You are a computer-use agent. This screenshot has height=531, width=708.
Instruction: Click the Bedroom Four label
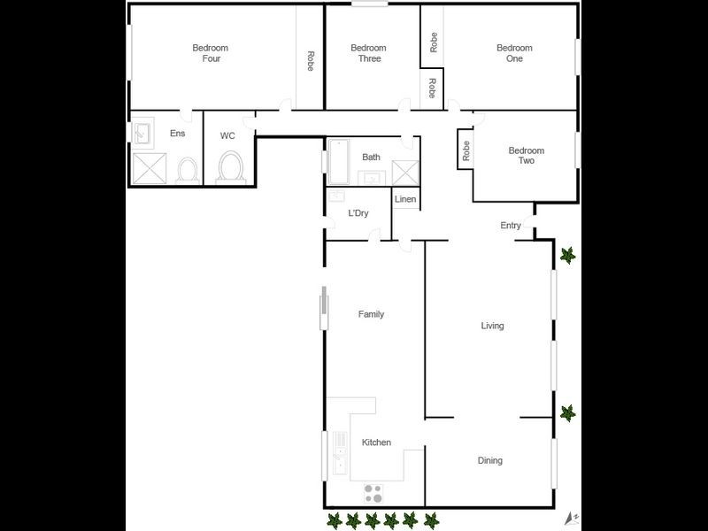[211, 53]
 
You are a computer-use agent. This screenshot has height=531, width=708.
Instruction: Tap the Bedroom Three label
[368, 53]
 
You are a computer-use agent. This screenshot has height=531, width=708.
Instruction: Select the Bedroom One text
[514, 53]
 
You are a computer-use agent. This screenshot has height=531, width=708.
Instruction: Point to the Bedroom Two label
[526, 156]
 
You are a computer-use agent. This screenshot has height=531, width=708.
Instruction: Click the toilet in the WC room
[231, 166]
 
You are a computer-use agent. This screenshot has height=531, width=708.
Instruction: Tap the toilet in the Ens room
[187, 168]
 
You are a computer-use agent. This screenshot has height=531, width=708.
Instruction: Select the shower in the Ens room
[148, 166]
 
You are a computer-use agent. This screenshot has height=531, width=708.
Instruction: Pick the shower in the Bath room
[404, 172]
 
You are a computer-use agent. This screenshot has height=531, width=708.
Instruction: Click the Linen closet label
[405, 199]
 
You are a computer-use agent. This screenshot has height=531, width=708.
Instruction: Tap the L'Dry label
[358, 213]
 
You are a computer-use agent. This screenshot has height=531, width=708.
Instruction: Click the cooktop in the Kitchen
[373, 492]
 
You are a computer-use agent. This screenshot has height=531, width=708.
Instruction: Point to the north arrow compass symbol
[572, 516]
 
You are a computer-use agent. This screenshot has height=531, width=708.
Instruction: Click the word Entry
[511, 226]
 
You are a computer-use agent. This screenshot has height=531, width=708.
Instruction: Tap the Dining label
[489, 460]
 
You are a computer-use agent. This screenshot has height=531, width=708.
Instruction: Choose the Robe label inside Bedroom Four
[311, 61]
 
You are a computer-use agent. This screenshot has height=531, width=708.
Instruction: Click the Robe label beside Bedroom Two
[466, 151]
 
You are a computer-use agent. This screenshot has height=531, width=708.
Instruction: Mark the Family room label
[371, 314]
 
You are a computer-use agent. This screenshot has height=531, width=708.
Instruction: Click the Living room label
[492, 326]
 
